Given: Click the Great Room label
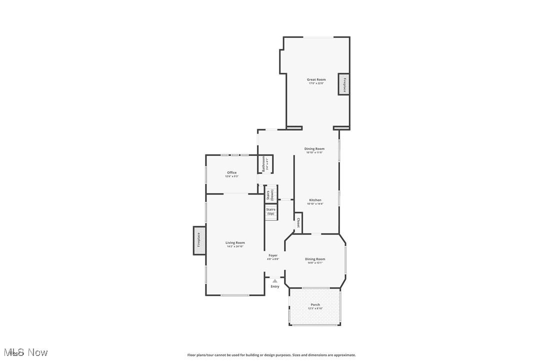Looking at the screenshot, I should (x=316, y=79).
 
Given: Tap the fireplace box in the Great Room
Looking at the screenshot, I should (x=344, y=84).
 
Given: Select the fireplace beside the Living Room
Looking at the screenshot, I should (x=199, y=240).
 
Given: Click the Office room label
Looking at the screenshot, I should (x=231, y=172).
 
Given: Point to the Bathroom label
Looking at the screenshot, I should (x=263, y=164).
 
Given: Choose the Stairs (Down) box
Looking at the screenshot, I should (x=270, y=194).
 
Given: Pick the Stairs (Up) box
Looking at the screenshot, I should (x=270, y=211).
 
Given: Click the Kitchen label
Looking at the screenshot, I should (x=315, y=200).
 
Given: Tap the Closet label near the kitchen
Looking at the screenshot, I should (x=298, y=222).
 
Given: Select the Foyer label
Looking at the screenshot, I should (x=273, y=255).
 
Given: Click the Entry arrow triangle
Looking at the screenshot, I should (x=274, y=281).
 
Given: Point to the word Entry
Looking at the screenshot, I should (x=275, y=286).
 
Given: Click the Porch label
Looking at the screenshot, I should (x=315, y=304).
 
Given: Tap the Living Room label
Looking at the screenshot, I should (x=235, y=243).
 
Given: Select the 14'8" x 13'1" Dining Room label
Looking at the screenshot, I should (x=315, y=259).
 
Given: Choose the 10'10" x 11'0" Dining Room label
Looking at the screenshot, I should (x=314, y=149).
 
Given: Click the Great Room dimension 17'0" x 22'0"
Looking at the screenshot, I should (x=316, y=83).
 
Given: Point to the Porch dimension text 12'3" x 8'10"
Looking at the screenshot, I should (x=315, y=308).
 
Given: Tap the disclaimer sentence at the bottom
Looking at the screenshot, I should (x=271, y=355).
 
